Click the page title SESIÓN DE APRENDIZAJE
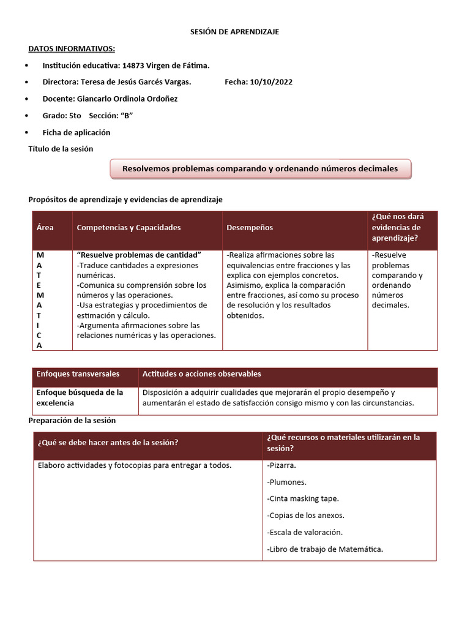tap(234, 32)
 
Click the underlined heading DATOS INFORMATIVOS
tap(72, 49)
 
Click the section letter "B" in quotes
tap(127, 116)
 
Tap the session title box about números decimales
tap(260, 169)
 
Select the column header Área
tap(45, 228)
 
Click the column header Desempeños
tap(250, 228)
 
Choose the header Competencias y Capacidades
tap(129, 228)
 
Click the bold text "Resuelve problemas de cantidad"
tap(139, 255)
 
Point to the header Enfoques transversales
tap(78, 374)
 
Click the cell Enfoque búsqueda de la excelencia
tap(80, 398)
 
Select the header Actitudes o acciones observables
tap(201, 374)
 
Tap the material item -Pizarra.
tap(282, 465)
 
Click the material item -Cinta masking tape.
tap(303, 498)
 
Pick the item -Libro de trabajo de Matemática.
tap(325, 549)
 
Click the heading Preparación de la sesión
tap(72, 421)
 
